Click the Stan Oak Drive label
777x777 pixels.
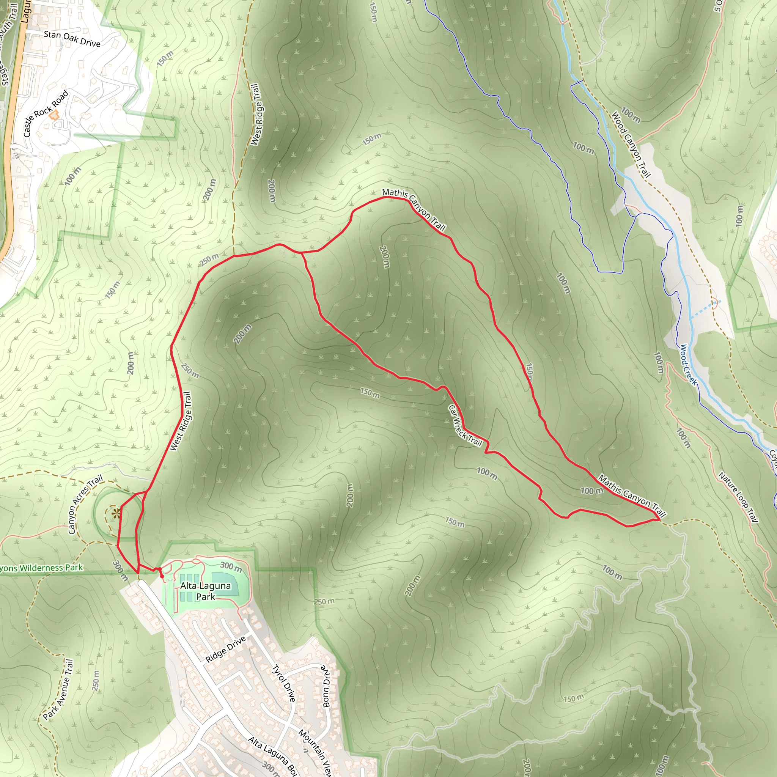[72, 39]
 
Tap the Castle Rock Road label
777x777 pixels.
[46, 114]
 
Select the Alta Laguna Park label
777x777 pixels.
[206, 591]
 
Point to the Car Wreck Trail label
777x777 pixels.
[465, 426]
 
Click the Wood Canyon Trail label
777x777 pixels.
[631, 145]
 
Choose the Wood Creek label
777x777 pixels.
[688, 365]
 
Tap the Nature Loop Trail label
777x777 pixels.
[738, 497]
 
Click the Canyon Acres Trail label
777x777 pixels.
[85, 504]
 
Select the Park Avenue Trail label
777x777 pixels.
[58, 689]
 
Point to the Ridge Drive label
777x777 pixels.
[225, 649]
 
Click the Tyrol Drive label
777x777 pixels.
[283, 683]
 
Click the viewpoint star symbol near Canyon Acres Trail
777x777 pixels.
[116, 513]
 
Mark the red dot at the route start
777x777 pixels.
[162, 576]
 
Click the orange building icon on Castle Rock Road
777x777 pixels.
[53, 115]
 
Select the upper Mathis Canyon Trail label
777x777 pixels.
[414, 210]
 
